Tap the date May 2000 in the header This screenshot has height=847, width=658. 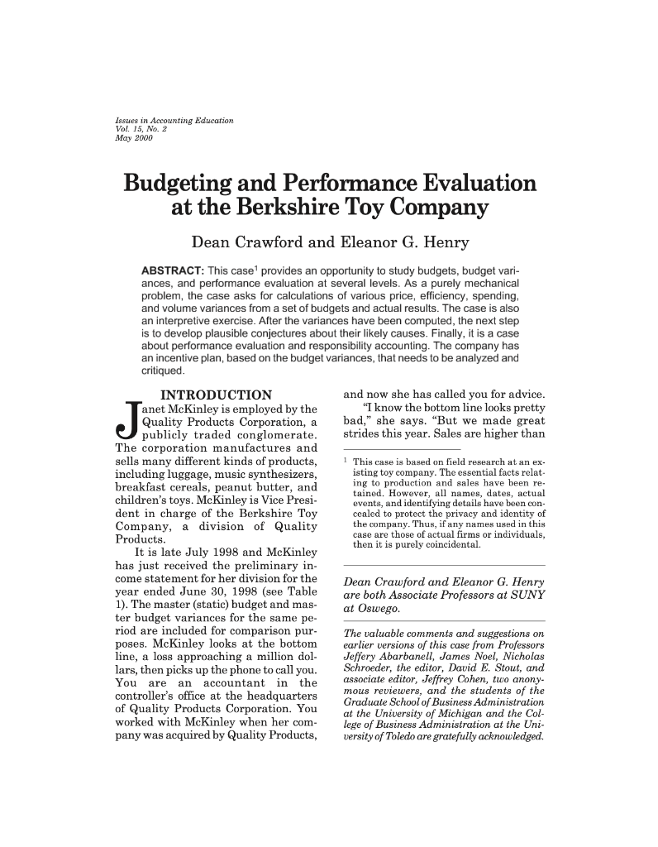point(131,136)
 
